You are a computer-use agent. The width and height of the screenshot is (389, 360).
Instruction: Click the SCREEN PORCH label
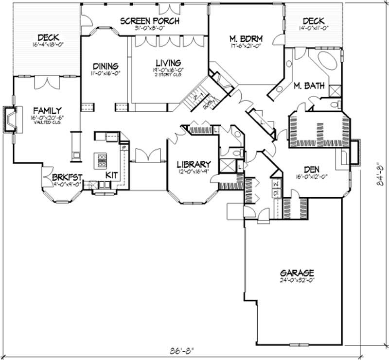pyautogui.click(x=150, y=21)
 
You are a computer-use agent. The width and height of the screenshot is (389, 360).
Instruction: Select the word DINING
pyautogui.click(x=105, y=67)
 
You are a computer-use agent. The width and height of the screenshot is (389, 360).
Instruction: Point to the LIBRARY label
pyautogui.click(x=194, y=164)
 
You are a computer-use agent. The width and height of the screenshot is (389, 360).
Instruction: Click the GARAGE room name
pyautogui.click(x=297, y=273)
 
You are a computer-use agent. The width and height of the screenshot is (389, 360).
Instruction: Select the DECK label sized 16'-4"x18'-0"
pyautogui.click(x=49, y=37)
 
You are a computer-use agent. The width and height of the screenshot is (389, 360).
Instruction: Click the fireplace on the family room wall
pyautogui.click(x=11, y=119)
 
